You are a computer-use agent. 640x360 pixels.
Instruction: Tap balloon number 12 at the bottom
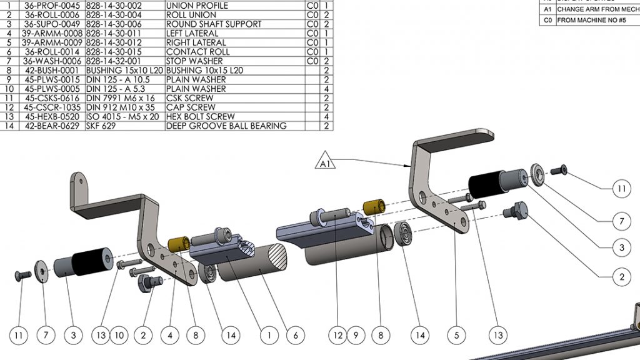[338, 336]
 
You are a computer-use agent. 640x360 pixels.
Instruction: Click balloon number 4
[169, 336]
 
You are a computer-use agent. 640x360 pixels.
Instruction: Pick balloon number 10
[119, 336]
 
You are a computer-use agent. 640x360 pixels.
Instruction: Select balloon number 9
[356, 336]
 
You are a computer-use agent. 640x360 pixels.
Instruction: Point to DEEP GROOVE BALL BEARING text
[226, 126]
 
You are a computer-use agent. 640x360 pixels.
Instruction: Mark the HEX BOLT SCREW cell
[200, 117]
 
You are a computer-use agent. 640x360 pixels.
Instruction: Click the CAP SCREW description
[191, 107]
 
